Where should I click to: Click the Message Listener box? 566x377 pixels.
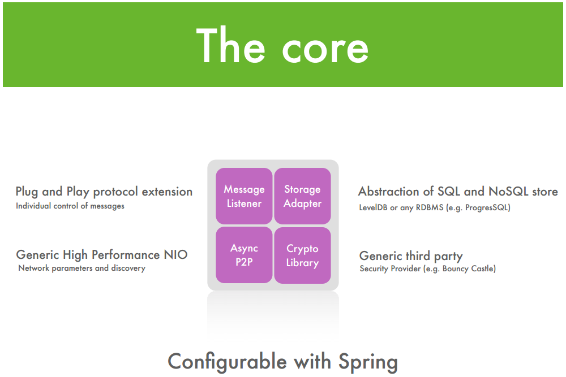pyautogui.click(x=244, y=196)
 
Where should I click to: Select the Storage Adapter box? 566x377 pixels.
pyautogui.click(x=302, y=196)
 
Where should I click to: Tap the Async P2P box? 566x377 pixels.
pyautogui.click(x=244, y=255)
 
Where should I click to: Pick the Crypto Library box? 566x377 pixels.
pyautogui.click(x=302, y=255)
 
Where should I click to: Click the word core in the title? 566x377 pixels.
pyautogui.click(x=325, y=49)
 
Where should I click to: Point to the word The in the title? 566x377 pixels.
pyautogui.click(x=231, y=45)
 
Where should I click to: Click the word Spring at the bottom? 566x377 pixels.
pyautogui.click(x=368, y=362)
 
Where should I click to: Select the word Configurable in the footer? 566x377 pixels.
pyautogui.click(x=228, y=361)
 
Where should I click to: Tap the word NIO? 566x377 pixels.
pyautogui.click(x=176, y=254)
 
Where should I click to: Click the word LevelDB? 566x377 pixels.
pyautogui.click(x=373, y=207)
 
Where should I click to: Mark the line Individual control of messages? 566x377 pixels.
pyautogui.click(x=70, y=206)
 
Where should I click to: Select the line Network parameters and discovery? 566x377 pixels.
pyautogui.click(x=82, y=268)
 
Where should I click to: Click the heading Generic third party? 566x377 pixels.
pyautogui.click(x=411, y=256)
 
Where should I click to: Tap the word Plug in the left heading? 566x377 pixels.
pyautogui.click(x=27, y=192)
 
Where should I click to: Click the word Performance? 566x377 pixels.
pyautogui.click(x=126, y=255)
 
